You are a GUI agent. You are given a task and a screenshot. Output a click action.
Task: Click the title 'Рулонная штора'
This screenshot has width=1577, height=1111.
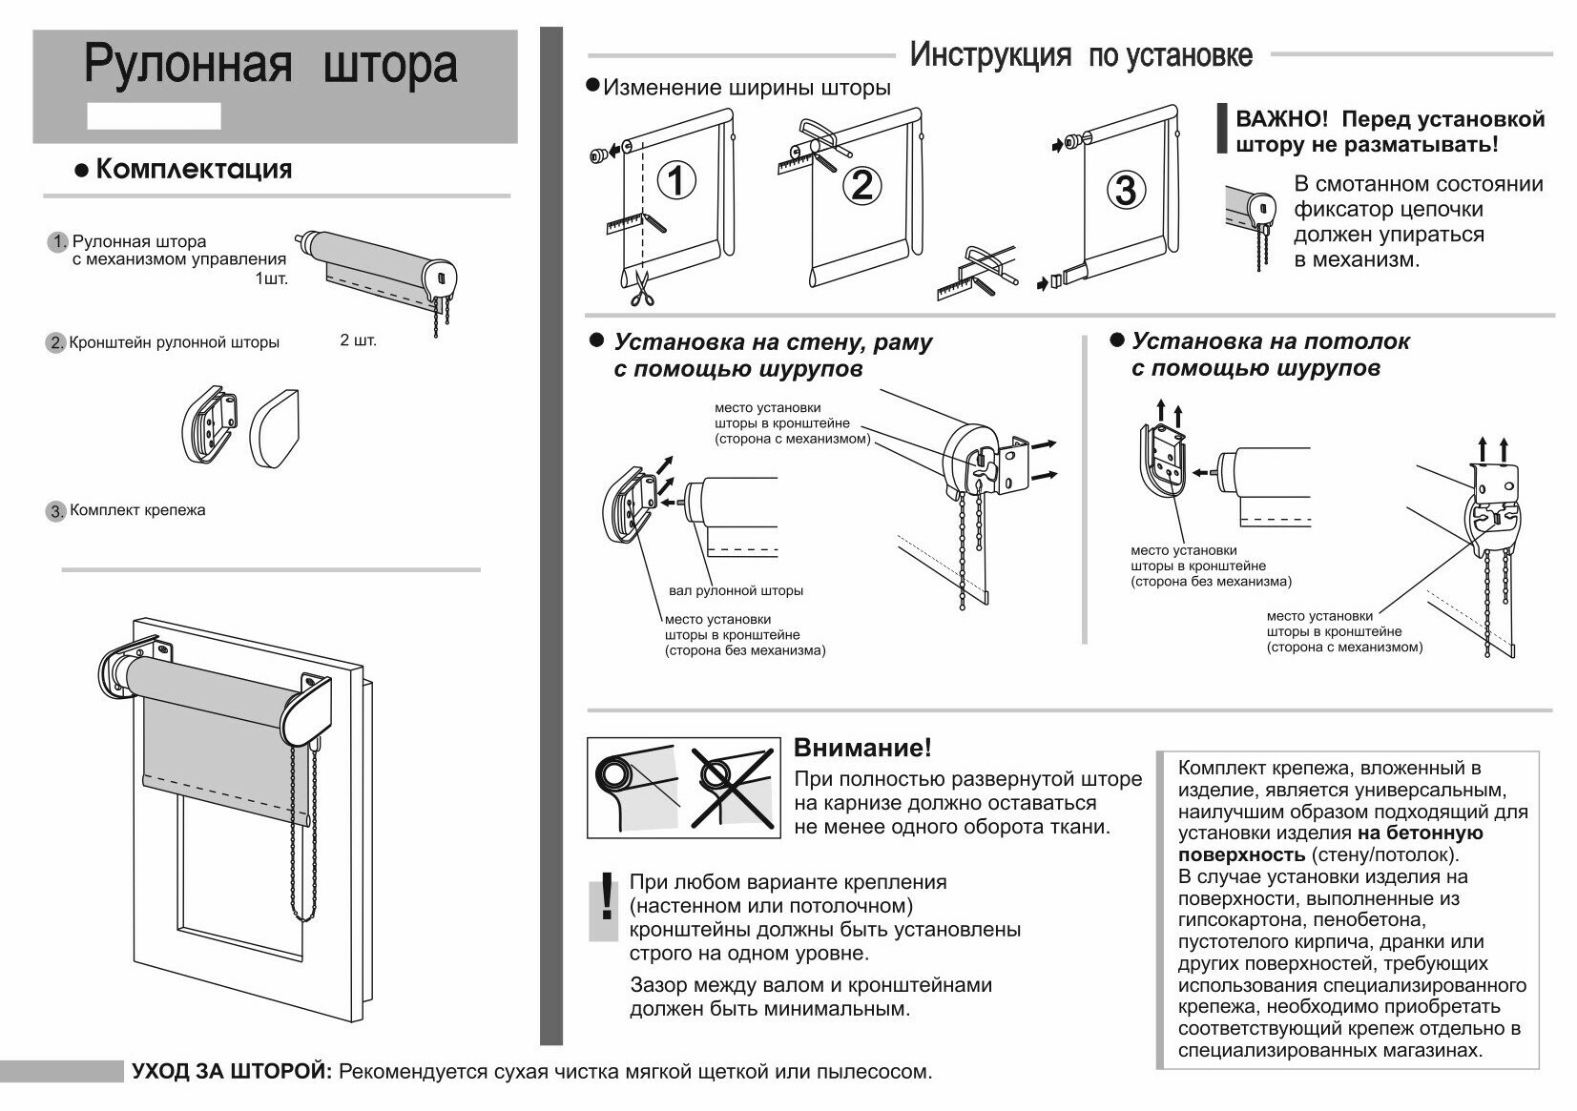[271, 65]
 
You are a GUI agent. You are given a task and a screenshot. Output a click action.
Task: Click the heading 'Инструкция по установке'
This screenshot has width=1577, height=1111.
[1080, 54]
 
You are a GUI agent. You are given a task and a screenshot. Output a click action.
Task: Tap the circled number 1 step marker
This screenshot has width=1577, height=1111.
[675, 180]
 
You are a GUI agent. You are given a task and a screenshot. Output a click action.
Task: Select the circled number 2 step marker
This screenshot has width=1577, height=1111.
[861, 184]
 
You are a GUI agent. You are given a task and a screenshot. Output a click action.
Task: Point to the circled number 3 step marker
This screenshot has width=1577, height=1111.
[1126, 191]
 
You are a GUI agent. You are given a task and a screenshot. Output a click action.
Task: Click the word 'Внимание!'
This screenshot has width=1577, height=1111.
[862, 747]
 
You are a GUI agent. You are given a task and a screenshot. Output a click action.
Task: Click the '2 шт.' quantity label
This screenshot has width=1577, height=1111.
[358, 339]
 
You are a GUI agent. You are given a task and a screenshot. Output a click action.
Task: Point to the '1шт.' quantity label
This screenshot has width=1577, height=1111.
[270, 279]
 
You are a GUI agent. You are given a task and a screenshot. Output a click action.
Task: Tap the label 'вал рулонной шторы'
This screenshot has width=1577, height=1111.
[736, 590]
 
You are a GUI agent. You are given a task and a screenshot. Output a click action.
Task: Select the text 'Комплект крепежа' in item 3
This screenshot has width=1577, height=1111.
[137, 510]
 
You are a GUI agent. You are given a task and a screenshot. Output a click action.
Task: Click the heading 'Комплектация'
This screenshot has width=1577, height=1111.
[194, 170]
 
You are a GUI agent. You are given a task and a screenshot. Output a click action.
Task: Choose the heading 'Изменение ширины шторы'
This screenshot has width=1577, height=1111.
[747, 89]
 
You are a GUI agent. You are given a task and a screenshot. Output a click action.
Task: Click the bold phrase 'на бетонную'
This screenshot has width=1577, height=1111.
[1420, 833]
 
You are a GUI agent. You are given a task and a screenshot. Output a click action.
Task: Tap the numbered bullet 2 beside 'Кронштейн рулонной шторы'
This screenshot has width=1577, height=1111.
[55, 343]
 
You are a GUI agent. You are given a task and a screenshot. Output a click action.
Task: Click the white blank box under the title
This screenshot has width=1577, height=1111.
[154, 115]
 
